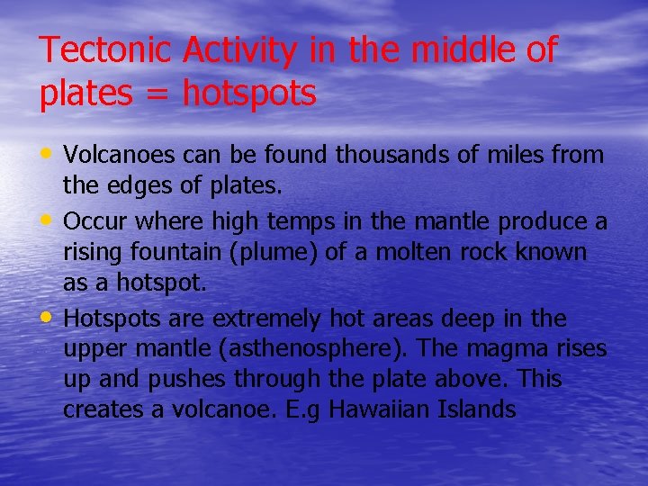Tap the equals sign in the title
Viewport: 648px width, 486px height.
coord(162,93)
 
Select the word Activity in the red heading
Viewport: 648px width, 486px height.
coord(238,50)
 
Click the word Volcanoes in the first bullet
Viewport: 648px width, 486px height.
coord(120,155)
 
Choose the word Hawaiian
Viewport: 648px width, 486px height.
coord(380,410)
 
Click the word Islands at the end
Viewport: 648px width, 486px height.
coord(478,410)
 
